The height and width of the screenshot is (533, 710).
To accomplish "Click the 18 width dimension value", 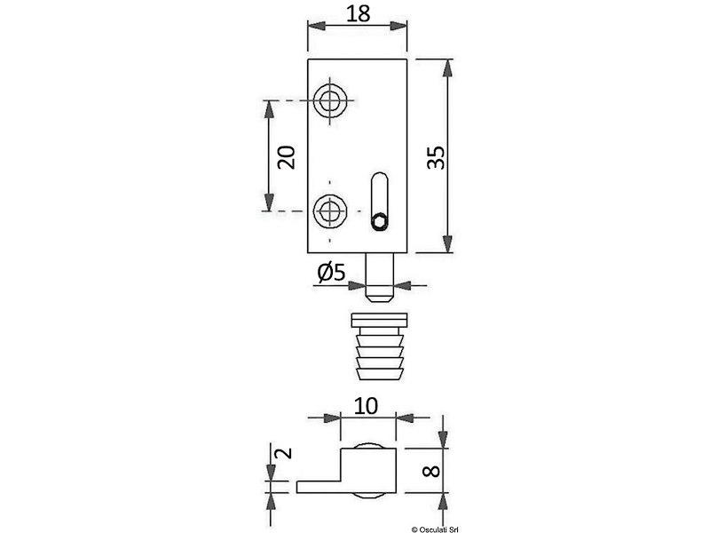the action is click(x=359, y=13).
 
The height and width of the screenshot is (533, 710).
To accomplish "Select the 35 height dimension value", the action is click(x=437, y=157).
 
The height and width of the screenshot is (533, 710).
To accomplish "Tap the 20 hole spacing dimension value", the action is click(x=286, y=157).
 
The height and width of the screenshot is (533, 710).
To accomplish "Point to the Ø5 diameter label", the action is click(x=331, y=272).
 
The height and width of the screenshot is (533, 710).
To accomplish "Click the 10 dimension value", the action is click(x=366, y=406).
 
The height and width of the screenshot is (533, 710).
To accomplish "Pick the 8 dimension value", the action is click(x=431, y=472).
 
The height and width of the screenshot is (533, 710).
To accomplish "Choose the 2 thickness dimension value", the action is click(x=284, y=453).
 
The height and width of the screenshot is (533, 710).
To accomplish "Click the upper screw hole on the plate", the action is click(x=330, y=100).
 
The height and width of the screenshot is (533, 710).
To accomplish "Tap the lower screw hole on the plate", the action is click(x=330, y=211).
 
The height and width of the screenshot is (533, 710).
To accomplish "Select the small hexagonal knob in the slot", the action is click(x=380, y=222).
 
